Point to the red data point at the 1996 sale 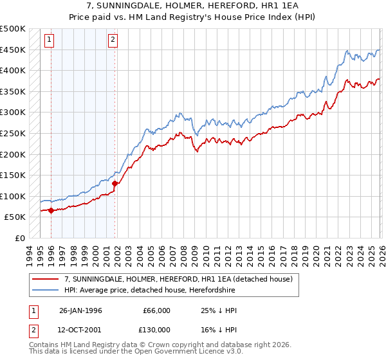[x=51, y=210]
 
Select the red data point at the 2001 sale [x=115, y=183]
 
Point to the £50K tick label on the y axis [x=15, y=217]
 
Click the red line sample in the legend [x=46, y=279]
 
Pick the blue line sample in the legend [x=46, y=290]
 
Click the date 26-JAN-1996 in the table [x=80, y=310]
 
